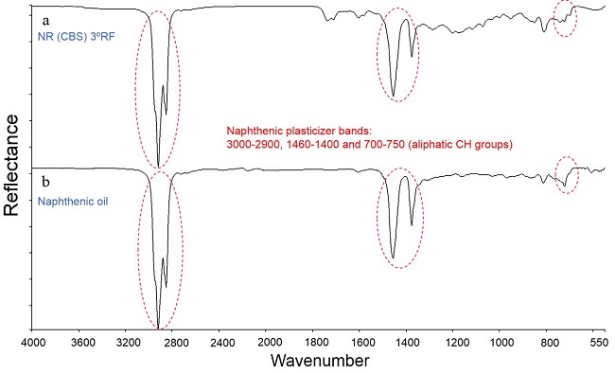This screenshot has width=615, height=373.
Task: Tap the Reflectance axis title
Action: (x=12, y=166)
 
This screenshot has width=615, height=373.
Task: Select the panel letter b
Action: (x=44, y=178)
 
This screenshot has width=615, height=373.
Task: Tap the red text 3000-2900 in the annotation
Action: (x=253, y=145)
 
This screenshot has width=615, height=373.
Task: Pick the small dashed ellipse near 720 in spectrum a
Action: (x=566, y=19)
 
